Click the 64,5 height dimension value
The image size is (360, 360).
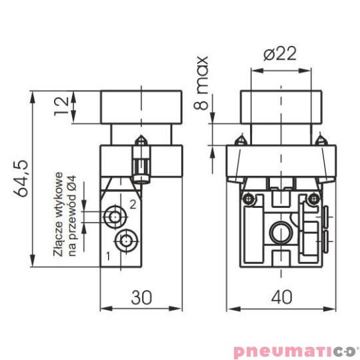[x=23, y=178]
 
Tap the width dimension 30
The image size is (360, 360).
[x=140, y=297]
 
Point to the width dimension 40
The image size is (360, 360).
[x=281, y=297]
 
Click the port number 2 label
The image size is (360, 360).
[x=133, y=204]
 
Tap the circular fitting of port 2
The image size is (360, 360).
[x=116, y=216]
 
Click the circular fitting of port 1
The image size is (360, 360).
[x=125, y=241]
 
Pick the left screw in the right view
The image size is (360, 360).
[x=249, y=199]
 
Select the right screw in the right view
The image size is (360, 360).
[x=311, y=198]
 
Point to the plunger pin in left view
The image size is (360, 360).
[x=141, y=163]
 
